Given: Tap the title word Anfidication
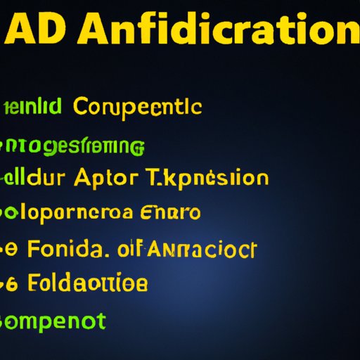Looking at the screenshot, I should click(x=216, y=30).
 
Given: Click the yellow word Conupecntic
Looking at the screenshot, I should click(x=137, y=108).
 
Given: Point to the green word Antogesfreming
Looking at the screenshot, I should click(x=74, y=146).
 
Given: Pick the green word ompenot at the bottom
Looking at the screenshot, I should click(x=54, y=321).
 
